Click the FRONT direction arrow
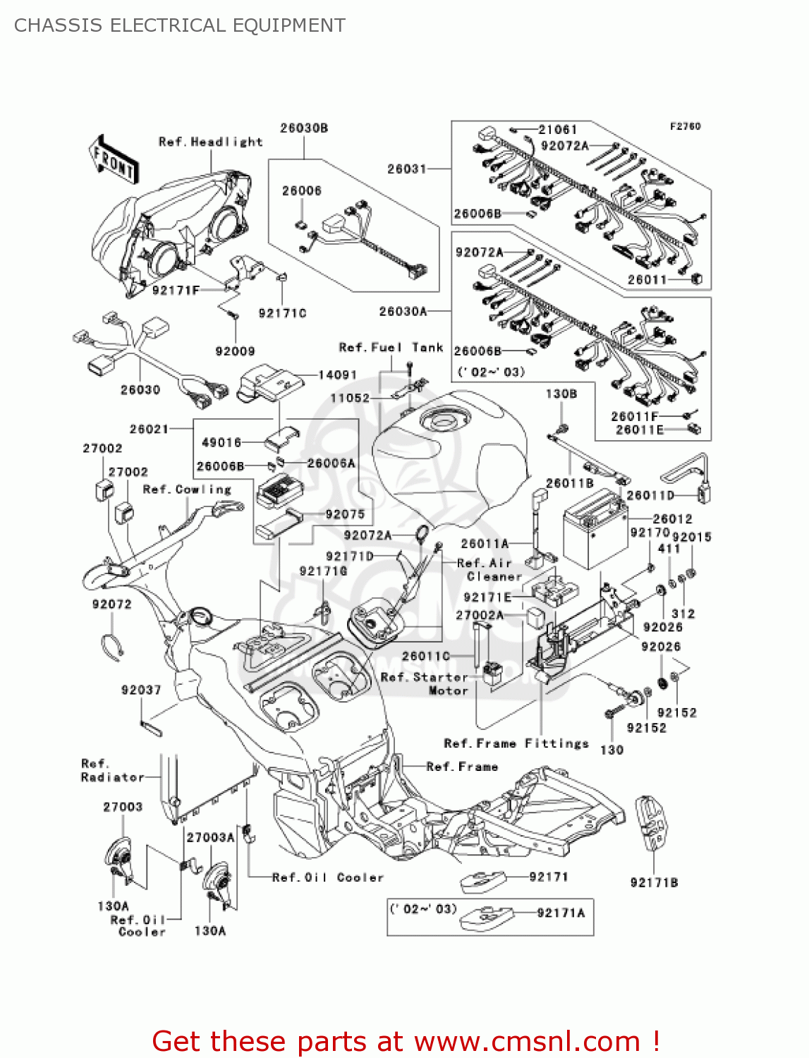tap(114, 160)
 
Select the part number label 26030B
tap(304, 128)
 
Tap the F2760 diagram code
tap(685, 126)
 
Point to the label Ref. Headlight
tap(210, 142)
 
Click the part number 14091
tap(338, 375)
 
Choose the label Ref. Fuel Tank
tap(391, 348)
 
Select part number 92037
tap(141, 690)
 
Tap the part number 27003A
tap(210, 837)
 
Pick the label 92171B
tap(654, 882)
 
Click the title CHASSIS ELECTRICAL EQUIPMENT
tap(180, 25)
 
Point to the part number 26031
tap(407, 169)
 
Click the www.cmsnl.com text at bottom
tap(527, 1041)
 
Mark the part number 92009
tap(235, 351)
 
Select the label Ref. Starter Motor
tap(424, 683)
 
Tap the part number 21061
tap(557, 130)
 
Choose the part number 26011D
tap(650, 496)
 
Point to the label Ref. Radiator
tap(112, 771)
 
